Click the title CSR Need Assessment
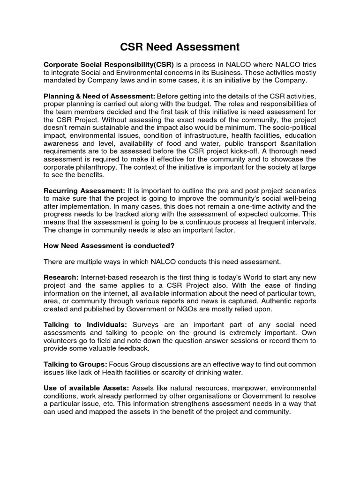(x=180, y=47)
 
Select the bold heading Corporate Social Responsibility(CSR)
(x=109, y=64)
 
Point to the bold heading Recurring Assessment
(x=84, y=191)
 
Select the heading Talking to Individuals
(x=85, y=325)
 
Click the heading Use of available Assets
(x=86, y=388)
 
